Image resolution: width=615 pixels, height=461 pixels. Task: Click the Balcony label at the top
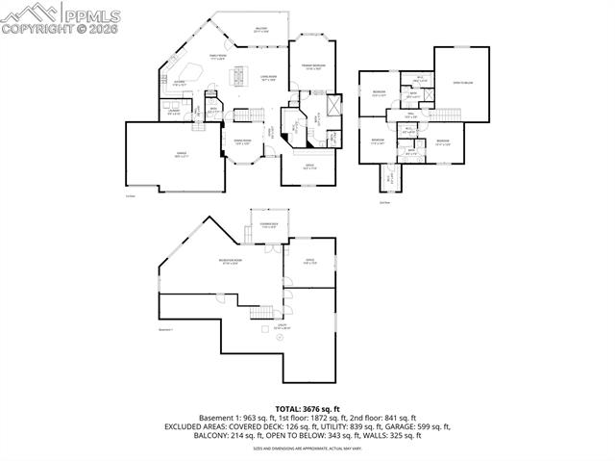click(259, 30)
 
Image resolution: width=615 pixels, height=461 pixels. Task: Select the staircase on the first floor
click(248, 113)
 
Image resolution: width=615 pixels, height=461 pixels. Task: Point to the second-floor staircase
click(448, 115)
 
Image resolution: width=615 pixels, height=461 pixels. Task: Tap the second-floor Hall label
click(407, 117)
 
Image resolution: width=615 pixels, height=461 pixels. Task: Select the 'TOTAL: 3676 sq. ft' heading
click(307, 409)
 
